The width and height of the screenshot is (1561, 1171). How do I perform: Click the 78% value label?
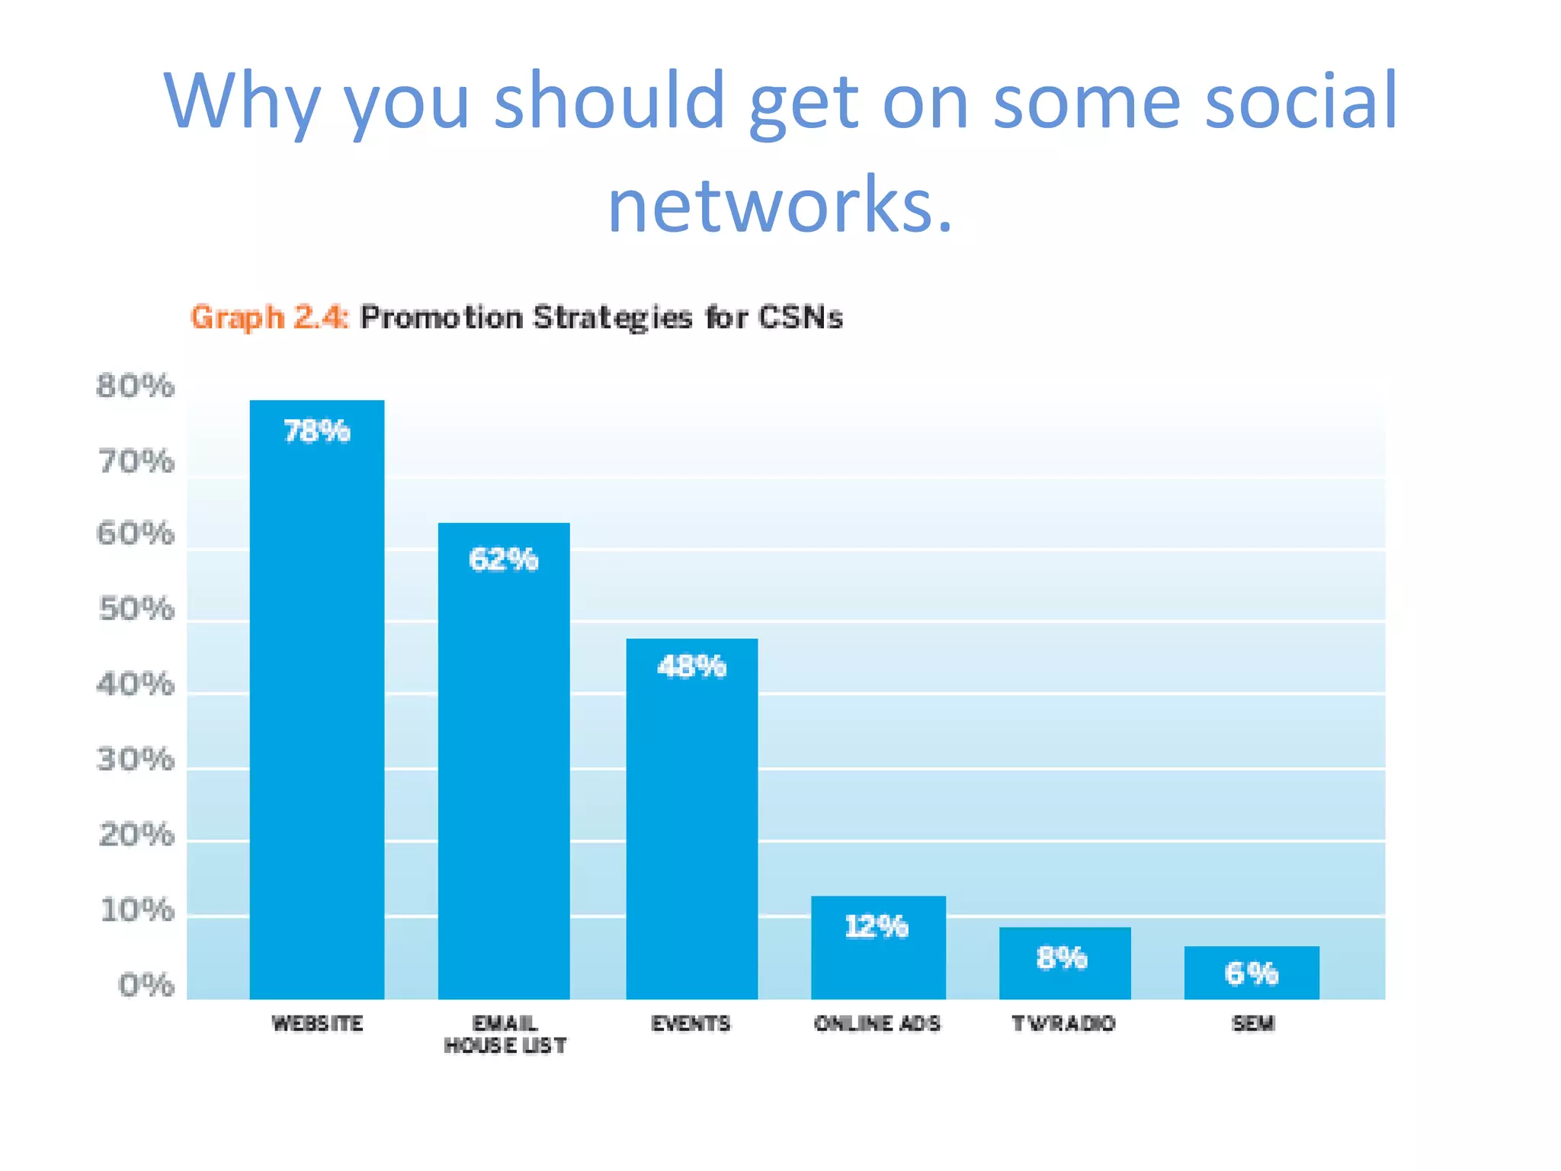point(317,432)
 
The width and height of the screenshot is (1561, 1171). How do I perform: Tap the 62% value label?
point(504,560)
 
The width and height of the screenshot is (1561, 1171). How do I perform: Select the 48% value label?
point(692,667)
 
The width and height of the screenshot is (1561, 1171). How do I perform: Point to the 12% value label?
point(877,927)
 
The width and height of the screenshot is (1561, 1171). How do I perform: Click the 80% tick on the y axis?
point(135,387)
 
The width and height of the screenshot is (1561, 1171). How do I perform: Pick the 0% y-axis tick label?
point(146,986)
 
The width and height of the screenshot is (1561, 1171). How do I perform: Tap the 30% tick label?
point(136,759)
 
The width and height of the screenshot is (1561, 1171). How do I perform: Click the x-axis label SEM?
point(1253,1023)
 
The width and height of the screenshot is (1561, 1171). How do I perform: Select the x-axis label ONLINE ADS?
point(877,1023)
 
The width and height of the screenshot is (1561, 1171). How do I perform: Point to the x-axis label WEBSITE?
point(317,1023)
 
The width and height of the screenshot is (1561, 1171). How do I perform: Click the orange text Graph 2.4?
point(269,317)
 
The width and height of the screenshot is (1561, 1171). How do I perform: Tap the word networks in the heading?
point(779,204)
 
